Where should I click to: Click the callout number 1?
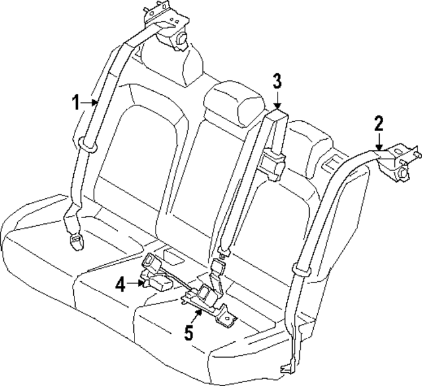pyautogui.click(x=76, y=102)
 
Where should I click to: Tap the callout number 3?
pyautogui.click(x=278, y=82)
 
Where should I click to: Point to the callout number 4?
pyautogui.click(x=121, y=285)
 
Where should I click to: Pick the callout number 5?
pyautogui.click(x=189, y=333)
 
